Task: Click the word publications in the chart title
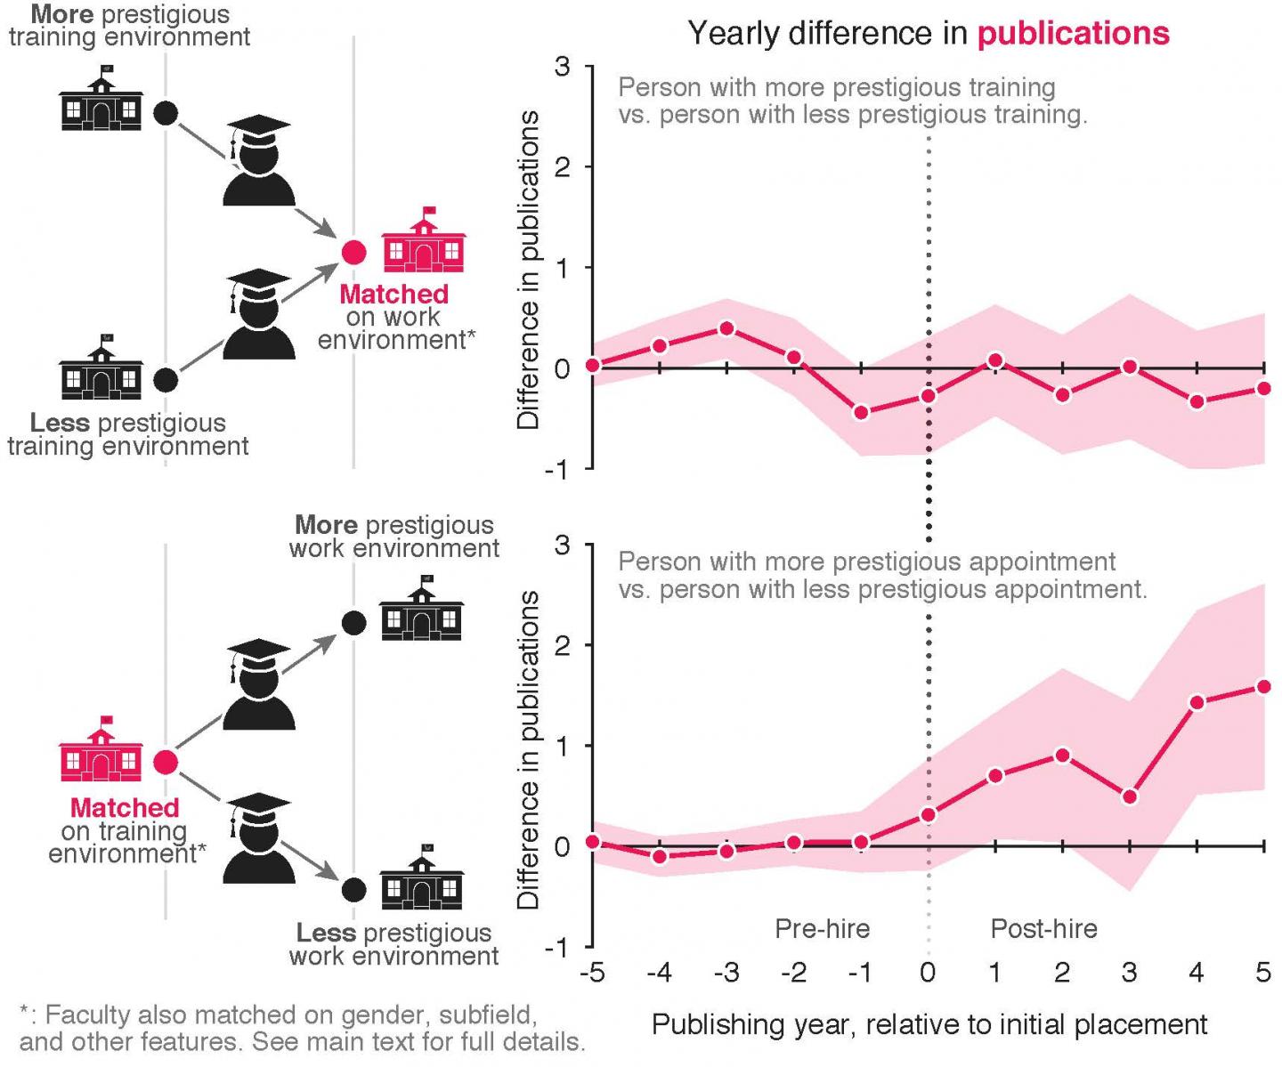[x=1073, y=34]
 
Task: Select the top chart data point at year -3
[x=726, y=328]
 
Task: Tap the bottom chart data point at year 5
[x=1263, y=686]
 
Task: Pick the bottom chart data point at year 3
[x=1129, y=796]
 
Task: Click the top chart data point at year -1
[x=861, y=412]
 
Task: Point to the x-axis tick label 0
[x=928, y=973]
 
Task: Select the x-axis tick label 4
[x=1196, y=973]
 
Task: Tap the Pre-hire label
[x=822, y=929]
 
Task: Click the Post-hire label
[x=1043, y=929]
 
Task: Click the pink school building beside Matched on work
[x=424, y=241]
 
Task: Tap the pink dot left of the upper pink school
[x=354, y=253]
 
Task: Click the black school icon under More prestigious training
[x=101, y=101]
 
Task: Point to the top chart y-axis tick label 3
[x=562, y=67]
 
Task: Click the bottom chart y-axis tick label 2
[x=562, y=645]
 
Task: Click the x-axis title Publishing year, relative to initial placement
[x=929, y=1024]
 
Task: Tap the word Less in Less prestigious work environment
[x=326, y=933]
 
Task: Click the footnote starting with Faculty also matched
[x=302, y=1028]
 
